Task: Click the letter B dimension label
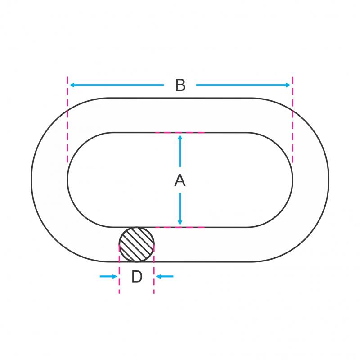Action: [180, 85]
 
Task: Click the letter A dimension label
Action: [180, 180]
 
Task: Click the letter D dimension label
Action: [137, 277]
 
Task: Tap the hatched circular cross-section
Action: [137, 244]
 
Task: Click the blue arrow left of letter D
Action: [108, 276]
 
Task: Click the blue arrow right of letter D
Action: [165, 276]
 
